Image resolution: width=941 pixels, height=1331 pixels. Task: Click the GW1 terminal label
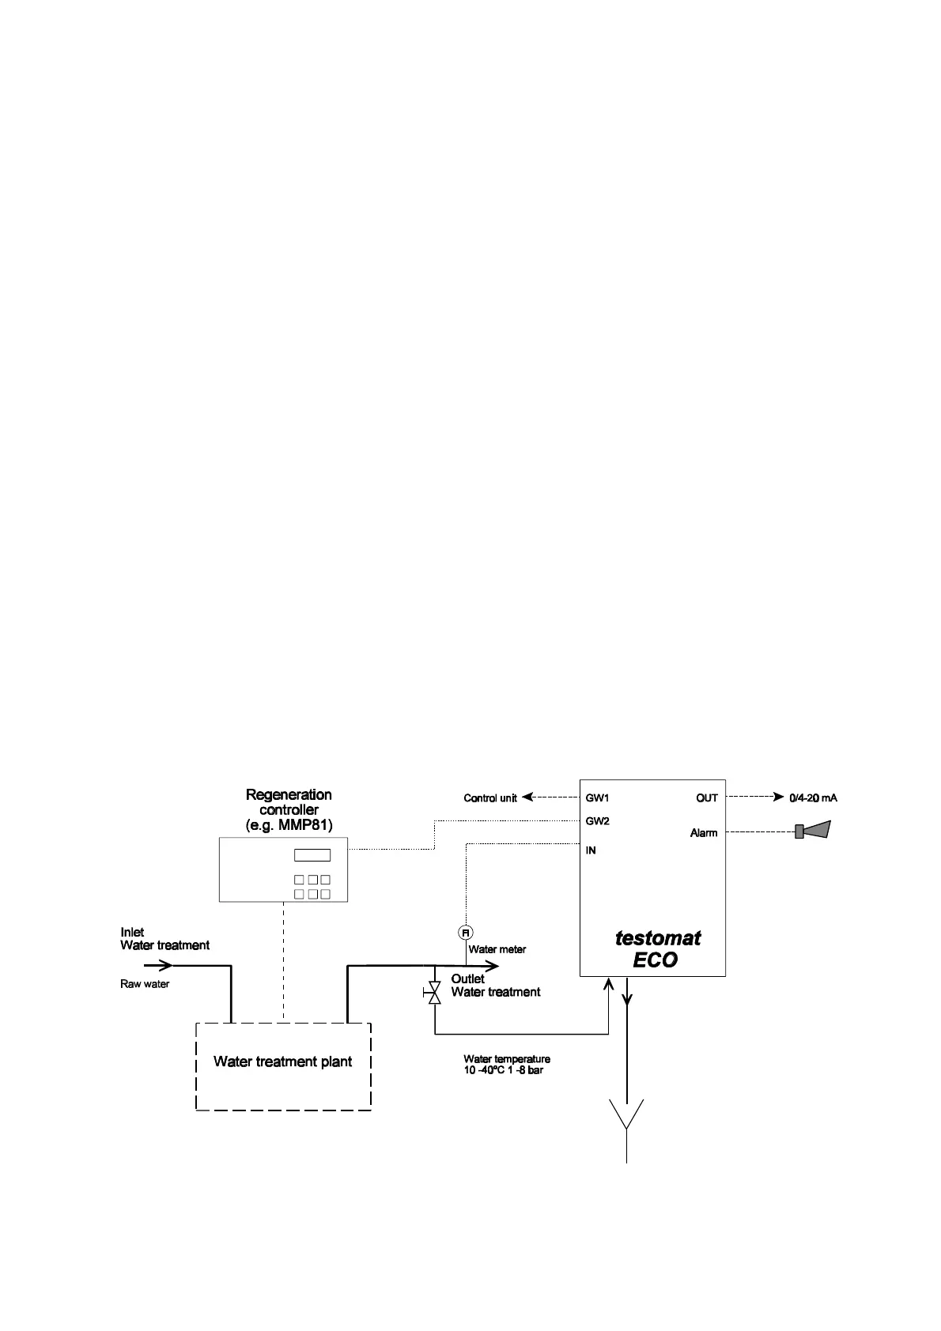click(x=597, y=797)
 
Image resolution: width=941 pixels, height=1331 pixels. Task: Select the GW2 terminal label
click(x=597, y=821)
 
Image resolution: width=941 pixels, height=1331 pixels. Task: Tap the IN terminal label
click(x=591, y=850)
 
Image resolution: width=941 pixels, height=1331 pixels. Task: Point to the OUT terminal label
click(x=707, y=797)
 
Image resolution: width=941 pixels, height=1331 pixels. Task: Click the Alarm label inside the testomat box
click(x=704, y=833)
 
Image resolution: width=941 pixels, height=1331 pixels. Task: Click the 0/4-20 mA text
click(x=813, y=797)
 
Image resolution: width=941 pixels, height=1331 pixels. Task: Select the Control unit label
click(x=490, y=798)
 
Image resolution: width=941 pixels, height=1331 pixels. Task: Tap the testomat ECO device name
click(x=657, y=948)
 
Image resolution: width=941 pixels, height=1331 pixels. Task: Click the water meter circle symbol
click(x=466, y=933)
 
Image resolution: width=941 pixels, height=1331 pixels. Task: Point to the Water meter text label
click(x=497, y=949)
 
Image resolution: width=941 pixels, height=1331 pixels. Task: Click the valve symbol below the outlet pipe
click(x=433, y=993)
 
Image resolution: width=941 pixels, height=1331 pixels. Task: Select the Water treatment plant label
click(x=282, y=1061)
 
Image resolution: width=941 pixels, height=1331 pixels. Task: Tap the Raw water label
click(x=145, y=984)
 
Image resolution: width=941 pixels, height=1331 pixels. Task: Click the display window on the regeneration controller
click(x=312, y=855)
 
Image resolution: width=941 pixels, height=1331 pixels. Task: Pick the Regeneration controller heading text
click(x=289, y=809)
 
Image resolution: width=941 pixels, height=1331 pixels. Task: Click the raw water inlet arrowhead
click(x=166, y=965)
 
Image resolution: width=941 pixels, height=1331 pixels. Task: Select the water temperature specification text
click(x=506, y=1065)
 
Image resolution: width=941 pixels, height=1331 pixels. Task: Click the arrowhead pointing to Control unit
click(x=527, y=797)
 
